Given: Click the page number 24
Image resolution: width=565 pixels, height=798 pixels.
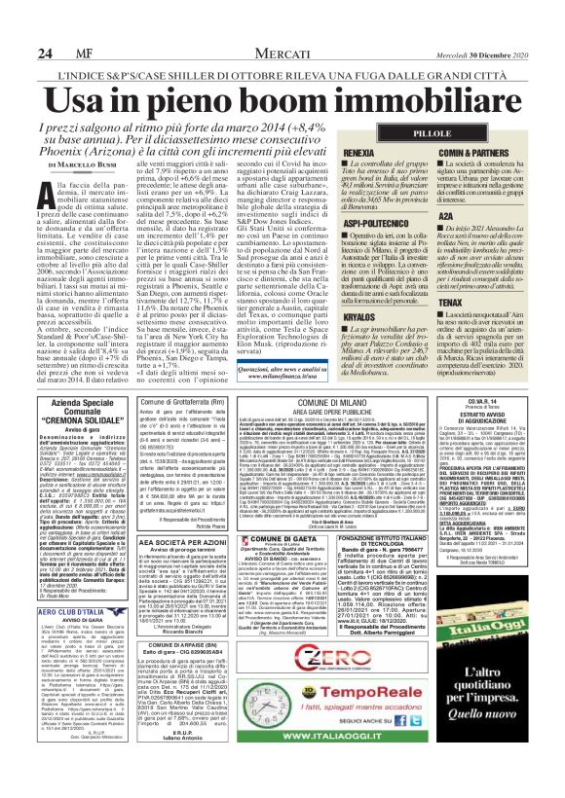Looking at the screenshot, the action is [18, 24].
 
